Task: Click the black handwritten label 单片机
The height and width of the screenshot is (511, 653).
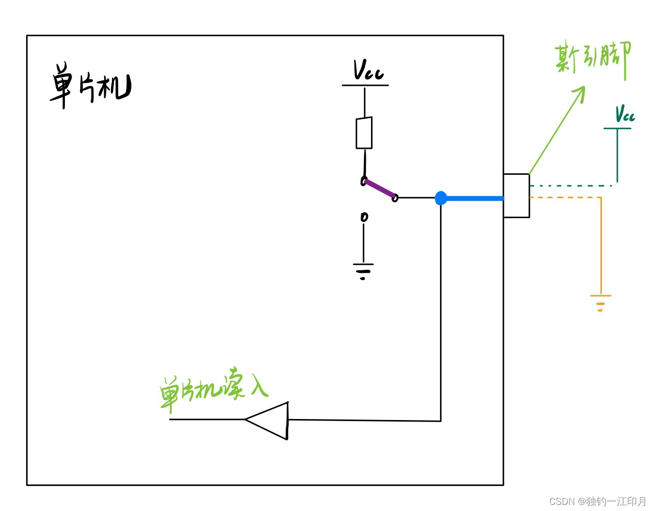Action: click(x=90, y=85)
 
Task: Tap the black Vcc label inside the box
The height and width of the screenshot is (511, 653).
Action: click(x=368, y=70)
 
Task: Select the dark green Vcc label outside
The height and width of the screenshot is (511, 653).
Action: click(x=624, y=113)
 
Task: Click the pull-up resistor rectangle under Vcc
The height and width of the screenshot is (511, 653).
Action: click(x=364, y=133)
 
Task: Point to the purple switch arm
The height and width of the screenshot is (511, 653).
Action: click(x=380, y=189)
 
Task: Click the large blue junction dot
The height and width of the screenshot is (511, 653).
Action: click(x=441, y=198)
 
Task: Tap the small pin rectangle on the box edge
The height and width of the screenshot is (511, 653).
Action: click(x=516, y=196)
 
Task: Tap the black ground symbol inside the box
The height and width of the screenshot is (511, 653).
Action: click(x=363, y=270)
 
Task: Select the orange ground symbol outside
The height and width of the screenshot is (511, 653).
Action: click(x=600, y=303)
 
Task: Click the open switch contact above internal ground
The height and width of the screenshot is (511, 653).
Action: click(x=364, y=217)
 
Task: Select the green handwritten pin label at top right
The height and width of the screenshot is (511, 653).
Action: click(x=593, y=59)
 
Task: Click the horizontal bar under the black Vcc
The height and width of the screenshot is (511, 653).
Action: click(x=365, y=85)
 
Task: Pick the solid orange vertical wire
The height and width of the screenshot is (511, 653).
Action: click(x=601, y=245)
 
